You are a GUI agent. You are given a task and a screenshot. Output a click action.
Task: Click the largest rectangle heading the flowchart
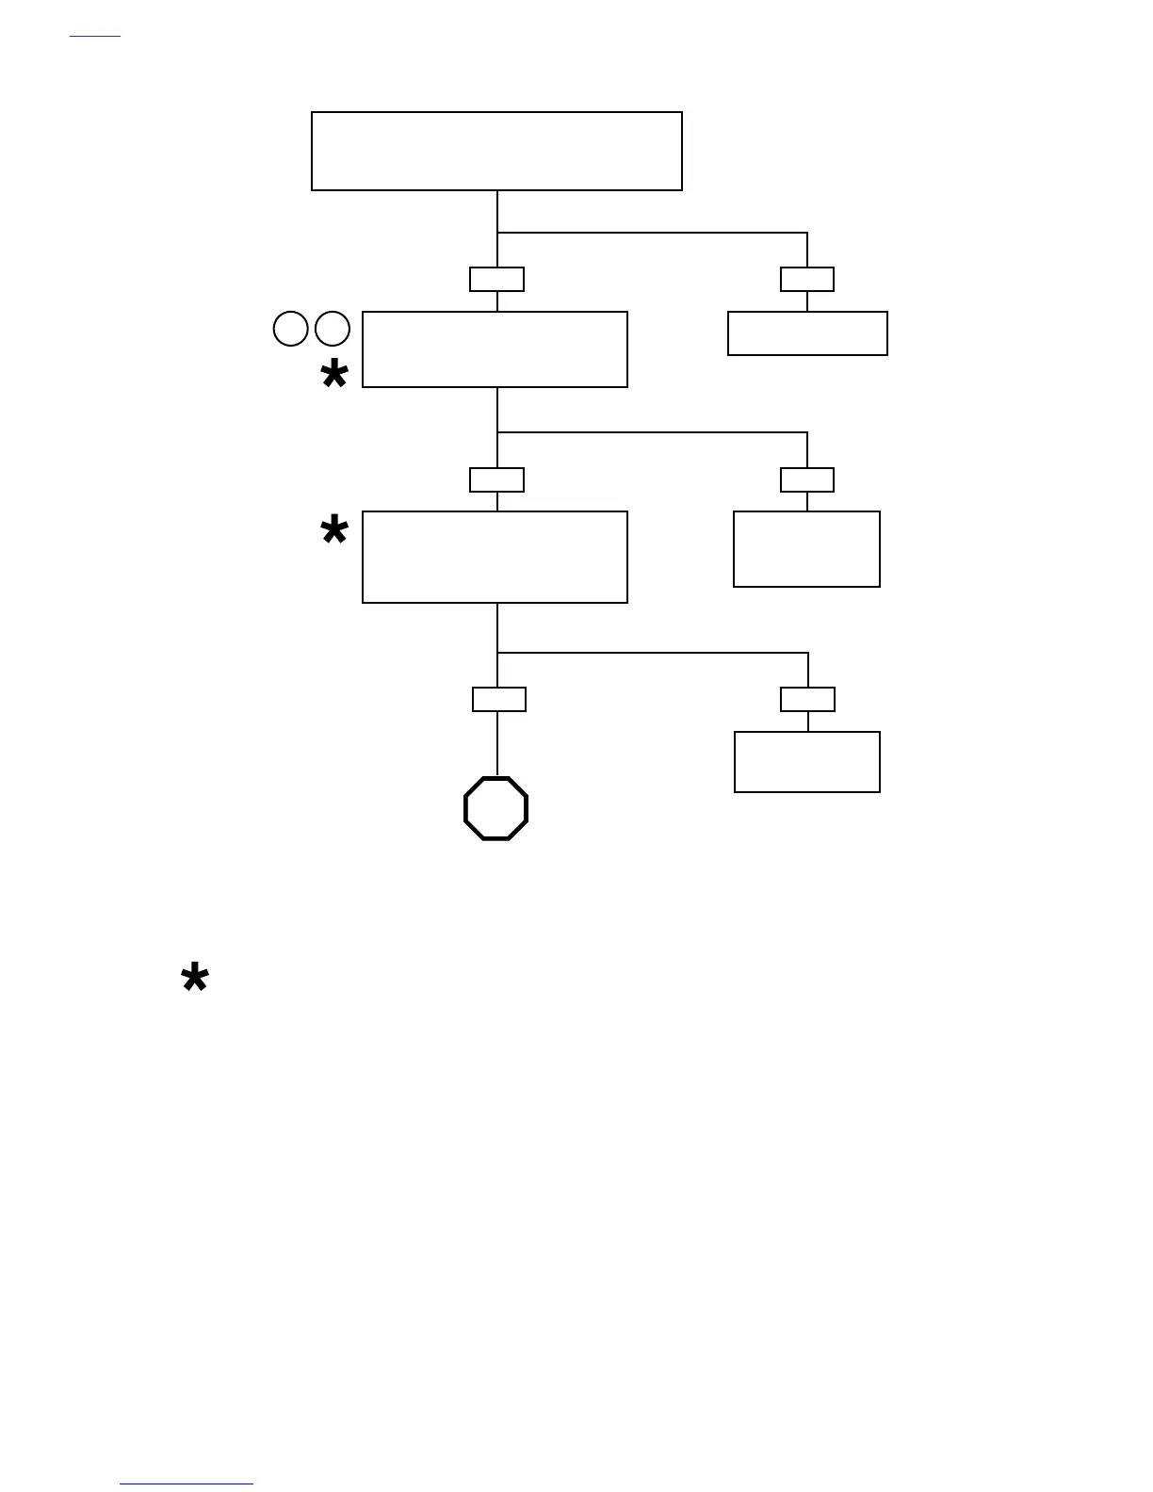click(496, 151)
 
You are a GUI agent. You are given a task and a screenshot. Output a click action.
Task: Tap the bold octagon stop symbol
click(496, 808)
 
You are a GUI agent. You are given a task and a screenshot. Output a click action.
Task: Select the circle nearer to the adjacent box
click(333, 329)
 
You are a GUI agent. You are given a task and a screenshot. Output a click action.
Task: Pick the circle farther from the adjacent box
click(291, 329)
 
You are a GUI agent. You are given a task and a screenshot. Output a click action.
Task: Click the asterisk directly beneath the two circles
click(334, 375)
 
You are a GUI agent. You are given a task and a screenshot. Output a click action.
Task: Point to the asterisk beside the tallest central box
click(334, 531)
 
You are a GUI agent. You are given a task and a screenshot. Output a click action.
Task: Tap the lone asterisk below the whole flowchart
click(195, 979)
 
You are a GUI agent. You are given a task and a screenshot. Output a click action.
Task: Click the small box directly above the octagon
click(498, 699)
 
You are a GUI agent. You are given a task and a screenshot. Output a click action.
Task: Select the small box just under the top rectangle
click(496, 279)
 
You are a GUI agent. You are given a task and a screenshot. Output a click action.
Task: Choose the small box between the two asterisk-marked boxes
click(496, 479)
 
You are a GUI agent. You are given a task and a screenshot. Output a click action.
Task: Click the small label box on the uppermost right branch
click(807, 279)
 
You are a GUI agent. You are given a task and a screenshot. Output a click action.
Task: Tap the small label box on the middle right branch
click(807, 479)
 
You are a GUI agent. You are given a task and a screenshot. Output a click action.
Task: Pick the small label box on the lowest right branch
click(807, 699)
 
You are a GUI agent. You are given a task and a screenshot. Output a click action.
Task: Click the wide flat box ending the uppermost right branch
click(807, 333)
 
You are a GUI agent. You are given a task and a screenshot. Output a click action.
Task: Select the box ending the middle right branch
click(806, 549)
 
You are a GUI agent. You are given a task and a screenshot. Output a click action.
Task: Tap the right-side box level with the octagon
click(807, 762)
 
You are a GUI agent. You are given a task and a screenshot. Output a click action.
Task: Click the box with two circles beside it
click(495, 349)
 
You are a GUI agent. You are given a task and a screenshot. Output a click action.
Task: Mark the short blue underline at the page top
click(95, 37)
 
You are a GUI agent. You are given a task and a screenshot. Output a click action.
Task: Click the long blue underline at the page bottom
click(187, 1484)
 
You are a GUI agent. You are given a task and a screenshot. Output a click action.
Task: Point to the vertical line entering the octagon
click(497, 744)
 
